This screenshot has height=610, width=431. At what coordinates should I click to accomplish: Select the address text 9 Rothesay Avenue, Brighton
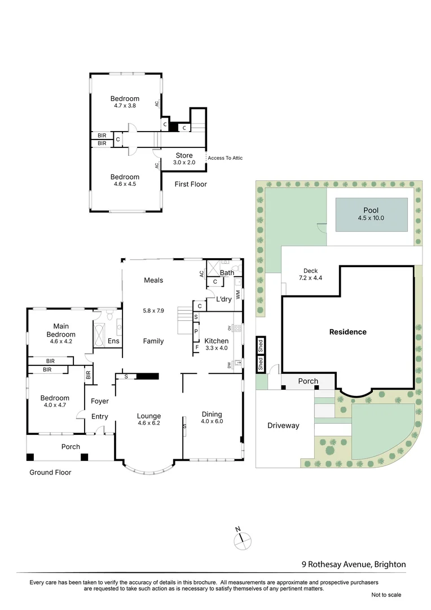(x=354, y=564)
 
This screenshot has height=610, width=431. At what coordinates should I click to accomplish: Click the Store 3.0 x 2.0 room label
(x=184, y=159)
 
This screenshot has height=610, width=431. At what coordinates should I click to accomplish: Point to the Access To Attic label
(x=225, y=158)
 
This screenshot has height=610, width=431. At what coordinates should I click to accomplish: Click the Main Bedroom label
(x=64, y=330)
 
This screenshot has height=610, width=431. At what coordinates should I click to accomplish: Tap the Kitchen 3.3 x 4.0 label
(x=216, y=344)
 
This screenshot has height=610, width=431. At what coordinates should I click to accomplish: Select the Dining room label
(x=212, y=417)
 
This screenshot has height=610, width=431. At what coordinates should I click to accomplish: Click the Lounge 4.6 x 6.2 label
(x=149, y=420)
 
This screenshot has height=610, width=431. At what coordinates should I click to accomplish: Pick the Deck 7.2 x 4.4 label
(x=310, y=274)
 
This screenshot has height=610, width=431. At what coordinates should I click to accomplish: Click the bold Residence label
(x=348, y=332)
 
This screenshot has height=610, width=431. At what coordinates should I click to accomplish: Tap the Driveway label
(x=283, y=425)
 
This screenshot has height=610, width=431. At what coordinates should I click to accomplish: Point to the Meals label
(x=153, y=280)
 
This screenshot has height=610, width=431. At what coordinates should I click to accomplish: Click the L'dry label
(x=224, y=299)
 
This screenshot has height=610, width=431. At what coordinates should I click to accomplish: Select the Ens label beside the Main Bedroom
(x=113, y=341)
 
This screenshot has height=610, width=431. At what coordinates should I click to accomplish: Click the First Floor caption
(x=191, y=184)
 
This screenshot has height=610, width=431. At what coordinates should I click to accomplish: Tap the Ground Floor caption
(x=50, y=472)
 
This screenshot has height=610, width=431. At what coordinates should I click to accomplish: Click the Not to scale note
(x=386, y=595)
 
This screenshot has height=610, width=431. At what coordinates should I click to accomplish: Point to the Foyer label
(x=99, y=401)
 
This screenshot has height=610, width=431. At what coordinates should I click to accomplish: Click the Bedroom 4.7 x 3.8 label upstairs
(x=125, y=102)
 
